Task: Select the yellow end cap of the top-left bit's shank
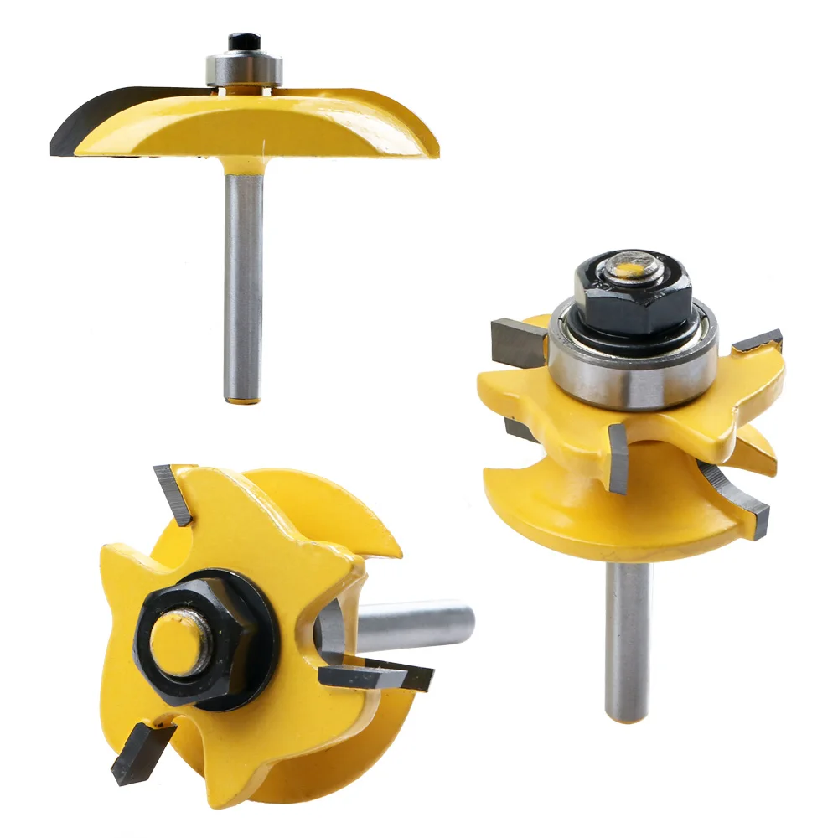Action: pyautogui.click(x=244, y=398)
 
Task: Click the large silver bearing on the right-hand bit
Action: pyautogui.click(x=633, y=360)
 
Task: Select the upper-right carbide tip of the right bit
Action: pyautogui.click(x=758, y=341)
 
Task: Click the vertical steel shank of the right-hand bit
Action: pyautogui.click(x=628, y=637)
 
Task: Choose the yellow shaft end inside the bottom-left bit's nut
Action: pyautogui.click(x=180, y=641)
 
